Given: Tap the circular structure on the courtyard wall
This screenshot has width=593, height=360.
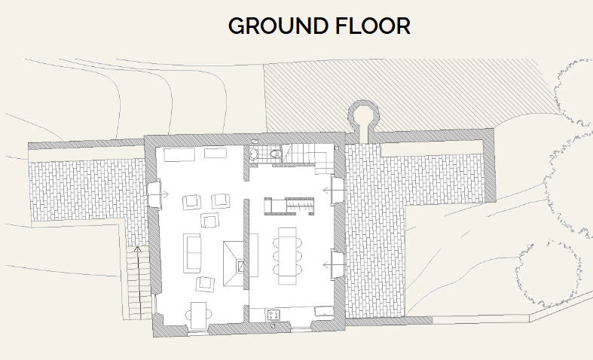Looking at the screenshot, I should tap(363, 117).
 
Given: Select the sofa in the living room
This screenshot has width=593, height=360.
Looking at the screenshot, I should tap(193, 253).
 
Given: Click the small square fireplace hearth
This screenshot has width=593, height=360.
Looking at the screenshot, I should tap(240, 265).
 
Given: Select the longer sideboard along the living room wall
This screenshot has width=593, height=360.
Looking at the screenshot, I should tap(179, 154).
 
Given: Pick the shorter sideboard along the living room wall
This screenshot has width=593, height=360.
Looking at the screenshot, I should tap(215, 154).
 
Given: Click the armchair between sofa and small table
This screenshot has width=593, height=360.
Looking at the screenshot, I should tap(204, 284).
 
